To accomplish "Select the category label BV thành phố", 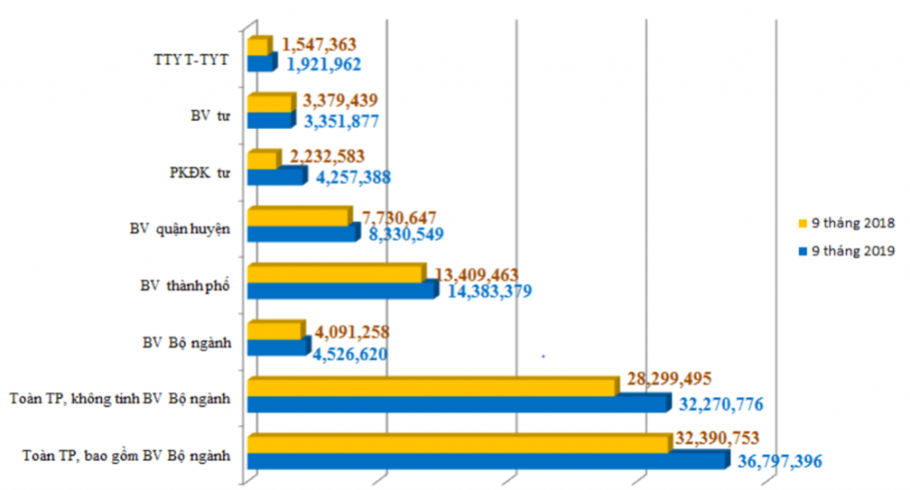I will (185, 286).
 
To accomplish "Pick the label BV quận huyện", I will (180, 229).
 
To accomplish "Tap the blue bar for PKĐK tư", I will (275, 176).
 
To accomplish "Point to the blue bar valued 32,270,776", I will (457, 404).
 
